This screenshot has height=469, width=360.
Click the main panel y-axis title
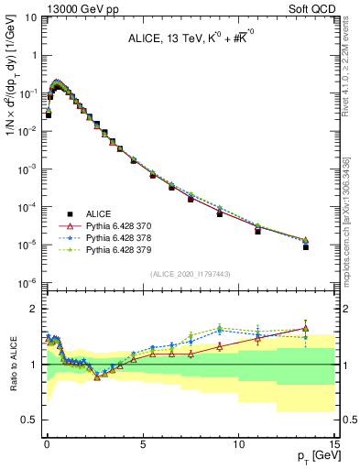tap(11, 92)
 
